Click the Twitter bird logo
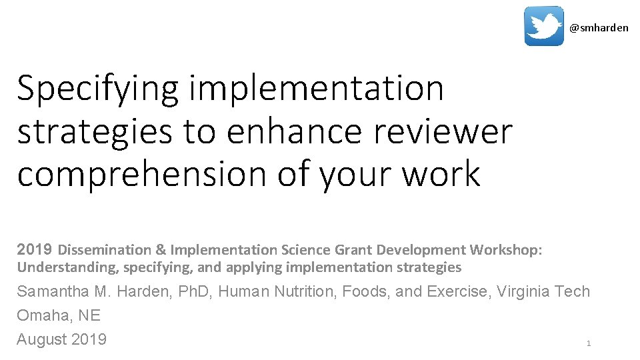click(x=543, y=26)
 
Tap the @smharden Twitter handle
click(x=599, y=28)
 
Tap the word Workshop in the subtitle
click(x=505, y=250)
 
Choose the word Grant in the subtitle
click(x=353, y=250)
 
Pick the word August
click(x=41, y=339)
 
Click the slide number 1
click(x=588, y=343)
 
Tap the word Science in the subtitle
click(x=305, y=250)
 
